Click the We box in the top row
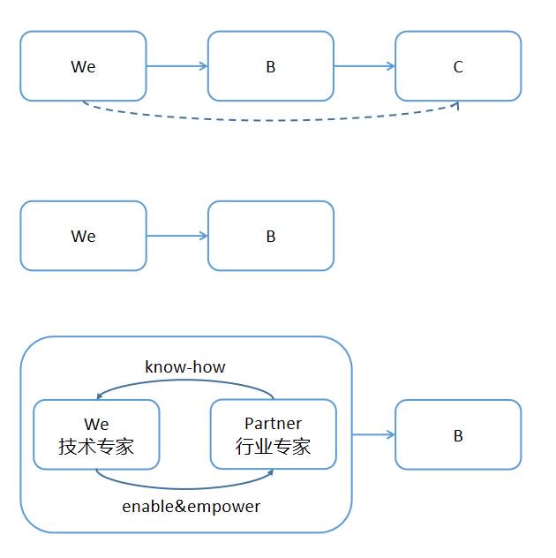coord(83,66)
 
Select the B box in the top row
coord(271,66)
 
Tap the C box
coord(458,66)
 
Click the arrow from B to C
coord(364,66)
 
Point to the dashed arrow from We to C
coord(270,120)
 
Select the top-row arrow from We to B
coord(177,66)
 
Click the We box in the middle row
coord(83,236)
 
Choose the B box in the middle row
coord(271,236)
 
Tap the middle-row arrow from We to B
coord(177,236)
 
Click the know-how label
coord(185,367)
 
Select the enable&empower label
coord(191,507)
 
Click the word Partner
coord(274,423)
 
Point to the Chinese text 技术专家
coord(96,446)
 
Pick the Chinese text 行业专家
coord(273,446)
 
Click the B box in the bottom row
coord(458,434)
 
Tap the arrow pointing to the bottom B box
coord(373,434)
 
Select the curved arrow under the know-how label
coord(185,381)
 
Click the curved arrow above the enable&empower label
coord(185,488)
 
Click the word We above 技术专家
coord(96,424)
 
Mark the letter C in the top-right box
coord(458,66)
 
